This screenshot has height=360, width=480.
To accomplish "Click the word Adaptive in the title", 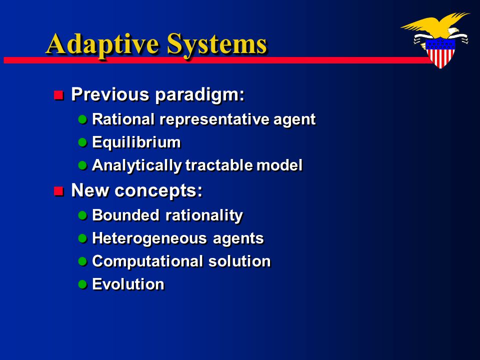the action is pos(102,45).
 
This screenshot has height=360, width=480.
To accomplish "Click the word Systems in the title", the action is pos(216,45).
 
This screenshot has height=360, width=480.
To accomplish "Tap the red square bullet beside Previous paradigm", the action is pos(58,95).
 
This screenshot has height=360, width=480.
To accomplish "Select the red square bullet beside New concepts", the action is pos(58,191).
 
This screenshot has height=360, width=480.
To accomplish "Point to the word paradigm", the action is pos(200,95).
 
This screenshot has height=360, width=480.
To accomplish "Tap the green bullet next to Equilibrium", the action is pos(82,142).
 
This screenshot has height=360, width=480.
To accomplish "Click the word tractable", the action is pos(219,165).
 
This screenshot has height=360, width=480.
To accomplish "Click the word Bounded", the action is pos(125,215).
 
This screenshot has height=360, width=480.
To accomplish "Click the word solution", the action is pos(239,261).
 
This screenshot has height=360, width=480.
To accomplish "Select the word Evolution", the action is pos(128,284).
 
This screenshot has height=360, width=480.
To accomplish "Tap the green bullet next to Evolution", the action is pos(82,284).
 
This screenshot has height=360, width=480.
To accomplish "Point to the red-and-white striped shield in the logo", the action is pos(441,53).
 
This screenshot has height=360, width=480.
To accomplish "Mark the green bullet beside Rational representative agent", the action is pos(82,119).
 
